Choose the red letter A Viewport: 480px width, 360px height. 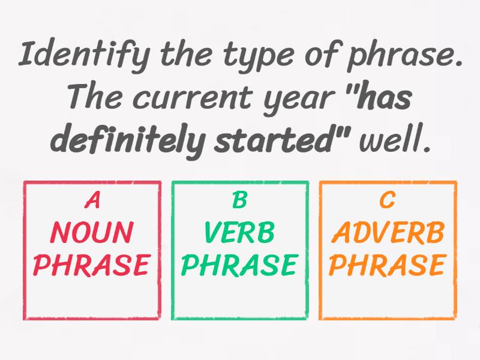(x=92, y=201)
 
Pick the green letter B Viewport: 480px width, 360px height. (x=239, y=201)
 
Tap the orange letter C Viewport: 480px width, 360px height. (x=388, y=201)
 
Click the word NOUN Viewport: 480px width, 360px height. (x=92, y=232)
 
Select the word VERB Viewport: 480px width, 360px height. (x=239, y=232)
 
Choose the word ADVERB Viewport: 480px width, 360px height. (x=388, y=232)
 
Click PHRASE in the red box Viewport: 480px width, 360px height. (x=92, y=265)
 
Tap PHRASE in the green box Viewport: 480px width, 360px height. (x=239, y=265)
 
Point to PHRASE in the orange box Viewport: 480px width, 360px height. (x=388, y=265)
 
